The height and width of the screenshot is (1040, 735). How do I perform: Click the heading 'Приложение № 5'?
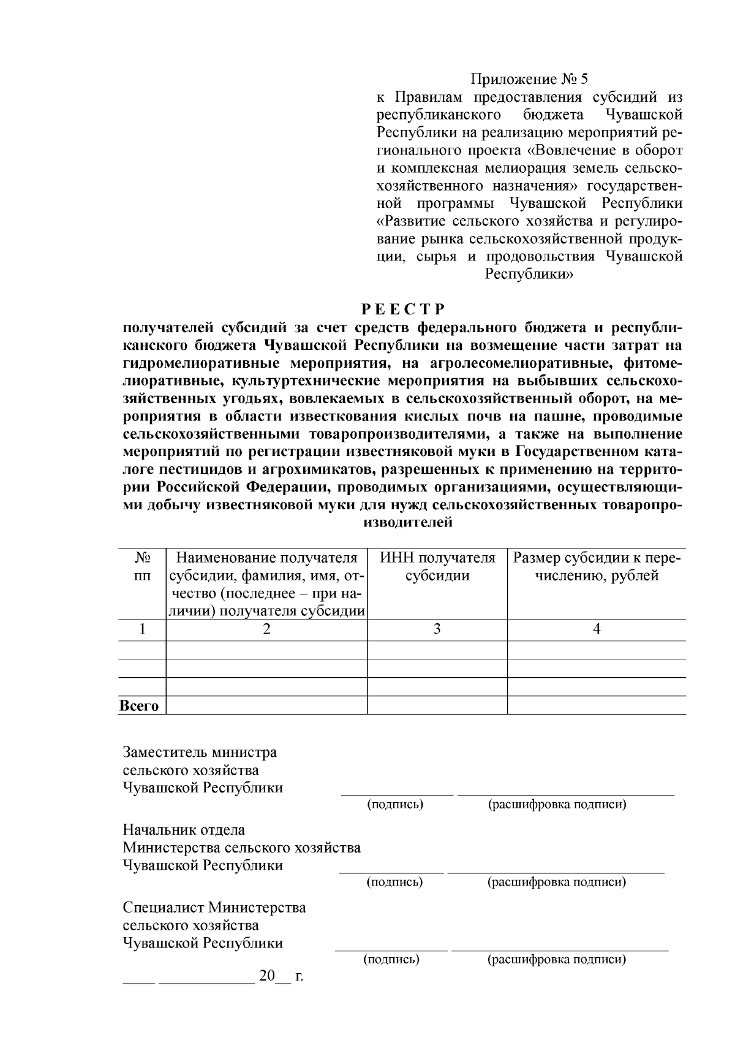click(529, 79)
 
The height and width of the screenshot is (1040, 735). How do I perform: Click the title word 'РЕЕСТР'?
click(402, 309)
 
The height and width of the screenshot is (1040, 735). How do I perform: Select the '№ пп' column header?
click(142, 567)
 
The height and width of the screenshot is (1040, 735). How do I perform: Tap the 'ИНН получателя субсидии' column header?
click(437, 567)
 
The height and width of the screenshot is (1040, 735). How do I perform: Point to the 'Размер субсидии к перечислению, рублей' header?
click(597, 567)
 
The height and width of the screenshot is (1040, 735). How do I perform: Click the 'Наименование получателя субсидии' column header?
click(266, 584)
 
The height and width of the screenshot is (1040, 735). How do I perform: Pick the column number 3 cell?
click(437, 629)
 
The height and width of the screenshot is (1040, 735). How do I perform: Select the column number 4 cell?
click(597, 629)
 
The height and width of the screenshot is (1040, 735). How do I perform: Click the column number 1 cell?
click(142, 629)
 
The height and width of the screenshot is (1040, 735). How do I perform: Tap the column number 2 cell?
click(266, 629)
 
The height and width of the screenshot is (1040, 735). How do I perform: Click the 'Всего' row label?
click(140, 706)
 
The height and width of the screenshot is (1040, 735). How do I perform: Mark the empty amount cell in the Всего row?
click(597, 705)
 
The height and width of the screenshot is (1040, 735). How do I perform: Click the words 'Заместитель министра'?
click(200, 752)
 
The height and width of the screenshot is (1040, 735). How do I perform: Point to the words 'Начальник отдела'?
click(184, 830)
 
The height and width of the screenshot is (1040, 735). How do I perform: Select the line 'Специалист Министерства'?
click(214, 907)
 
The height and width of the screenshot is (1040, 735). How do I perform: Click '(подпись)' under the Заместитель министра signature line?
click(395, 804)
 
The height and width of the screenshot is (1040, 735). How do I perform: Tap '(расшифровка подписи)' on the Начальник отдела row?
click(557, 882)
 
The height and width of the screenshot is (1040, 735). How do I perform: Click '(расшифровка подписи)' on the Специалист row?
click(557, 959)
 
